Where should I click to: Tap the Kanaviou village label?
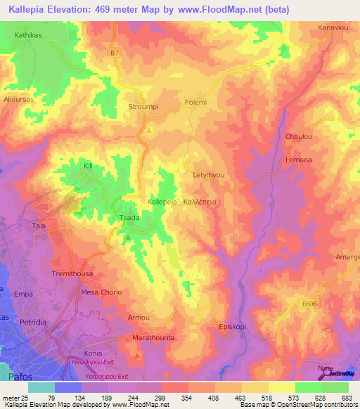click(334, 27)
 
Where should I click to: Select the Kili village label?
click(88, 166)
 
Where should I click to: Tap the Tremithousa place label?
click(72, 273)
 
